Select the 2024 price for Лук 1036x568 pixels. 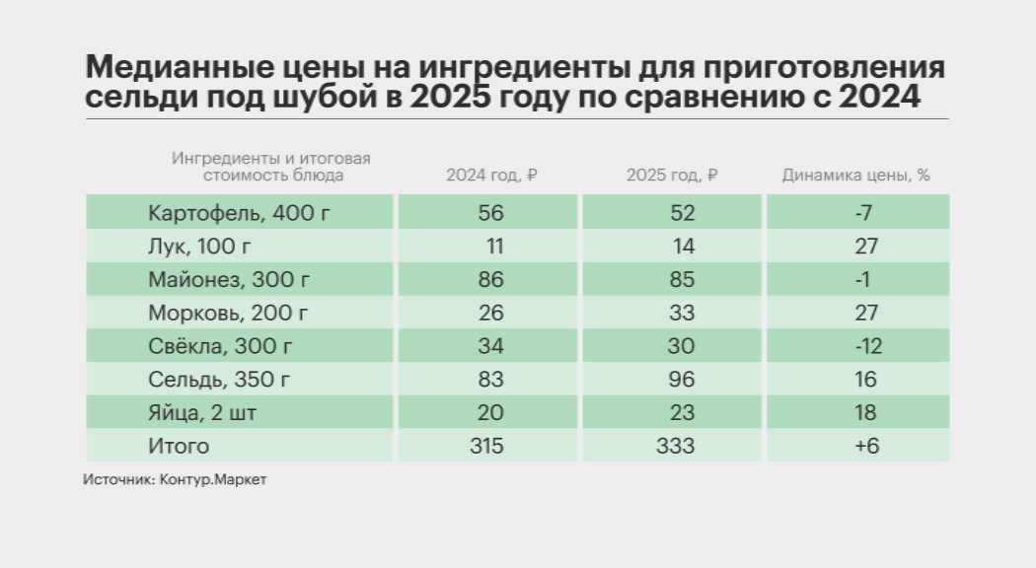[490, 246]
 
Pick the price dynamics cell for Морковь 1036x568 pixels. [866, 313]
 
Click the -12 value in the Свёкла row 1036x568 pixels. [866, 346]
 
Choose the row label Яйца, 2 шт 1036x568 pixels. [202, 413]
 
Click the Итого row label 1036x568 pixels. [179, 446]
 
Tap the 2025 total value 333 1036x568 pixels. [675, 446]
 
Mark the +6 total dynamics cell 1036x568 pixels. [866, 446]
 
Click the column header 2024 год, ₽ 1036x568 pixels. [490, 177]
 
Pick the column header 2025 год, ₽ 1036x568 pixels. [671, 177]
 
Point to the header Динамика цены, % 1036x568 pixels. [856, 177]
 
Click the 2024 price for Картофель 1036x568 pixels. [490, 212]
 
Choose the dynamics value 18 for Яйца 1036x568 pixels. [866, 413]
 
